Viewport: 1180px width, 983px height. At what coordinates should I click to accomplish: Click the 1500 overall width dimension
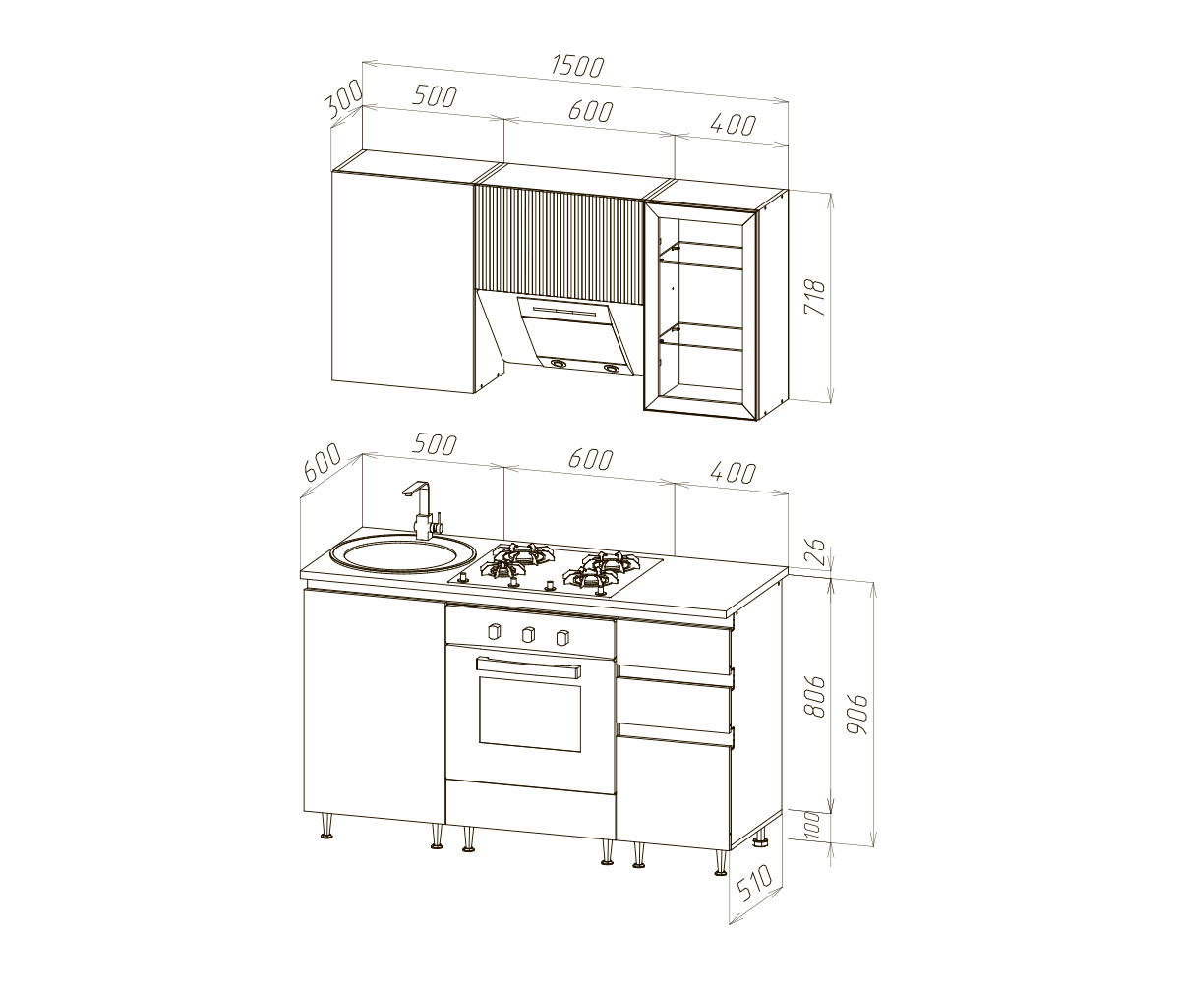coord(577,66)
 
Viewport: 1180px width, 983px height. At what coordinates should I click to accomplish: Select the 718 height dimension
coord(816,297)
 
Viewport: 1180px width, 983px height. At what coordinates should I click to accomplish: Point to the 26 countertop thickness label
coord(815,552)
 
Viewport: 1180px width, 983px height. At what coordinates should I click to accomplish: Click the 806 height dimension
coord(815,697)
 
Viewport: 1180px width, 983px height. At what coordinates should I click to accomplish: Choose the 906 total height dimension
coord(856,715)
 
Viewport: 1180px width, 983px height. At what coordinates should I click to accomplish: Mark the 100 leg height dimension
coord(811,825)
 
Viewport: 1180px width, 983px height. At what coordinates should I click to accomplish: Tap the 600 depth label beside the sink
coord(323,462)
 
